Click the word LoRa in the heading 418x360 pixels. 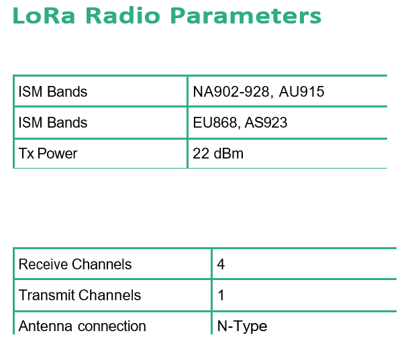click(44, 15)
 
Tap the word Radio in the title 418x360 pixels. click(123, 15)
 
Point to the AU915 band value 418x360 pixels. click(301, 91)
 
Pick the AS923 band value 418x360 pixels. click(266, 122)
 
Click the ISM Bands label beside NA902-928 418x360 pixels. click(53, 91)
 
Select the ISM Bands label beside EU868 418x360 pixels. click(53, 122)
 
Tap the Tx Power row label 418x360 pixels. click(48, 153)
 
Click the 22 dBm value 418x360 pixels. click(218, 153)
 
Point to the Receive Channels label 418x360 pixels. click(75, 264)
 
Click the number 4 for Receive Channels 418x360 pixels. click(221, 264)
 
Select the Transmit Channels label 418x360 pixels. click(80, 295)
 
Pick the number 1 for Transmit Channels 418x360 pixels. click(221, 295)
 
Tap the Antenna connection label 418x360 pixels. click(83, 326)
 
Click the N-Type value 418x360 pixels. click(242, 326)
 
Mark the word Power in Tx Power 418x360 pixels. click(57, 153)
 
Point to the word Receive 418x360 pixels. click(44, 264)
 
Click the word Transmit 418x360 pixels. click(47, 295)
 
